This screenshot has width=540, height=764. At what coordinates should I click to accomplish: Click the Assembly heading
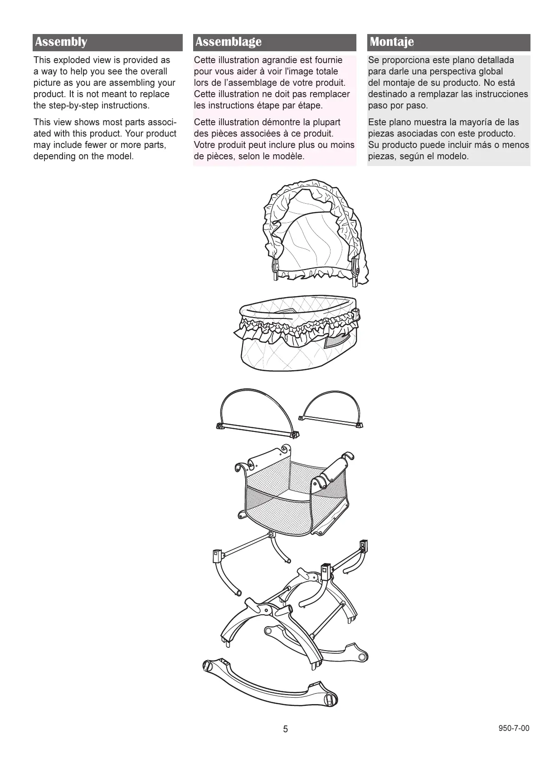(61, 42)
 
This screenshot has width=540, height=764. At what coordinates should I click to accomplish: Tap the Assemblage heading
(228, 42)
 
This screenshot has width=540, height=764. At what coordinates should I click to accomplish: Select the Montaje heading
(392, 42)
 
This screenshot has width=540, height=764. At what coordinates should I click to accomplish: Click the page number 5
(285, 729)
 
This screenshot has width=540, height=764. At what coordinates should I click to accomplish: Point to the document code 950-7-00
(514, 729)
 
